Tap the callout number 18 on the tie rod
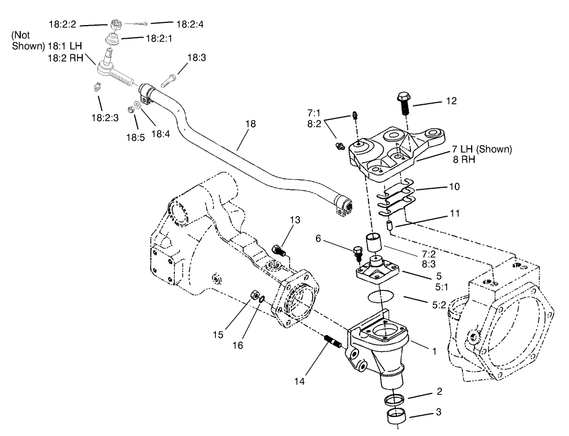click(250, 124)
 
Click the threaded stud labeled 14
click(333, 342)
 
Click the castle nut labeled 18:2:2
click(115, 25)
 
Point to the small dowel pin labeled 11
click(389, 225)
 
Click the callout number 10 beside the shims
click(454, 187)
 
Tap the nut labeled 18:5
click(131, 110)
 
